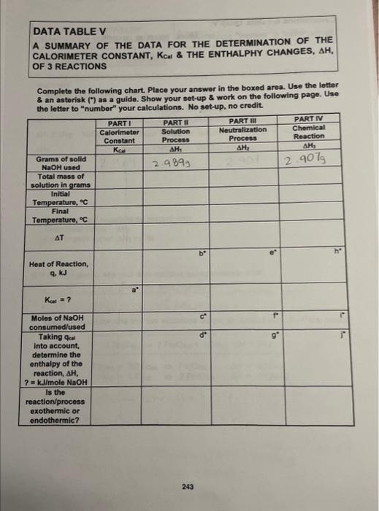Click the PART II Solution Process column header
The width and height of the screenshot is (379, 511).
point(176,133)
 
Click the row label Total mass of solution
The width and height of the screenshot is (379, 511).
point(61,181)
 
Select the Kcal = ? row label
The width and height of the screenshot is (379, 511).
point(57,299)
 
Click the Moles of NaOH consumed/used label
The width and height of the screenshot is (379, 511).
point(61,323)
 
